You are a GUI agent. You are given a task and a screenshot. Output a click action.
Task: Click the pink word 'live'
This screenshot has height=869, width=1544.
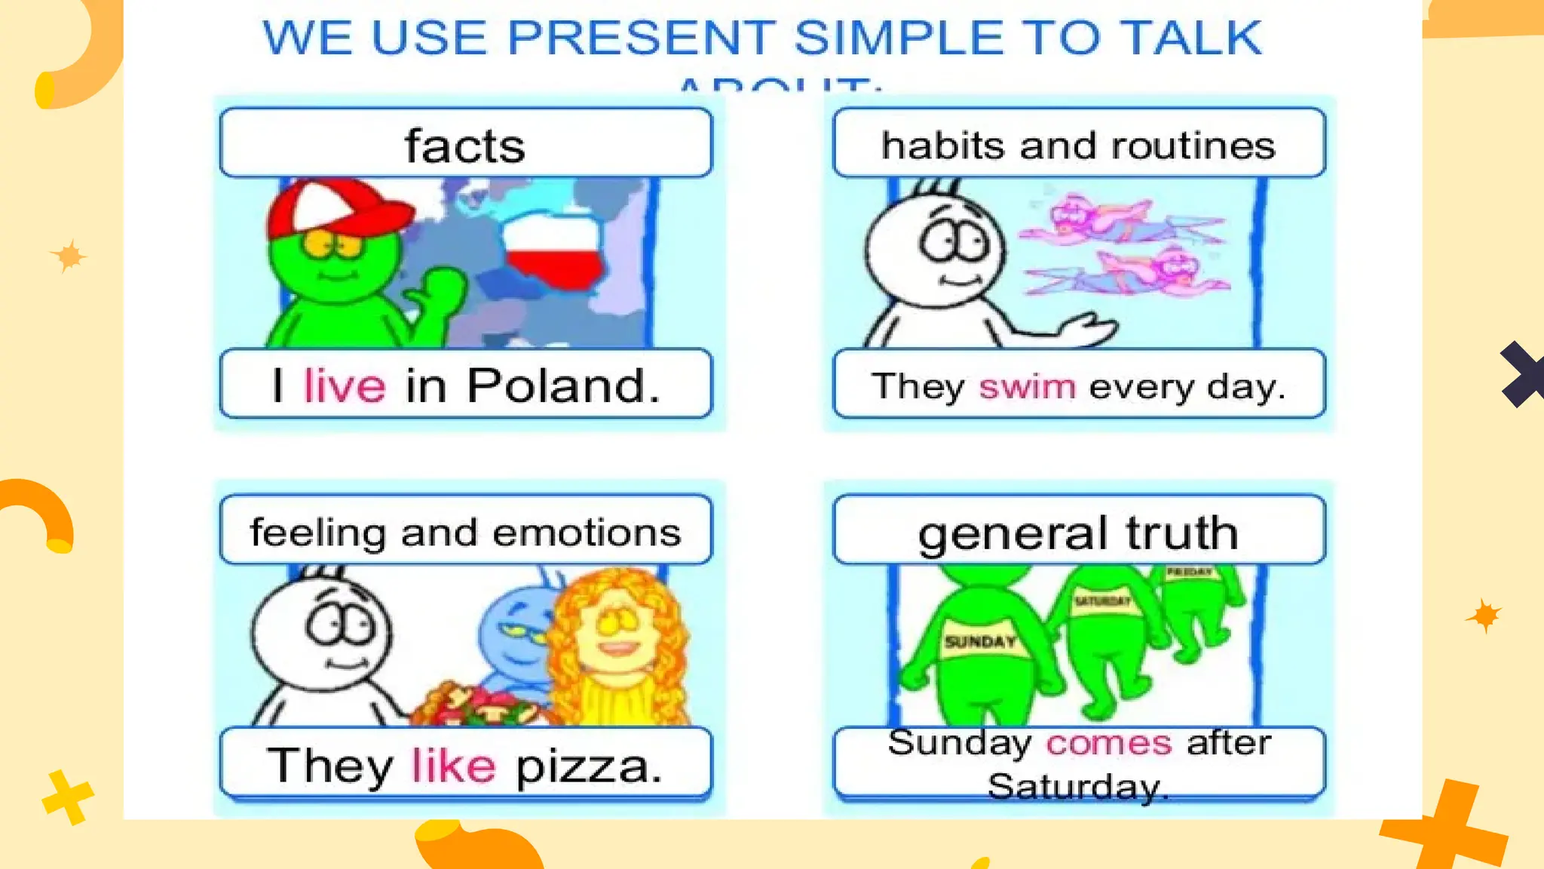[x=345, y=385]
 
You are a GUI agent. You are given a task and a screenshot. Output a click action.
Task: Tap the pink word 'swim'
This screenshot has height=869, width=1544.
[x=1027, y=387]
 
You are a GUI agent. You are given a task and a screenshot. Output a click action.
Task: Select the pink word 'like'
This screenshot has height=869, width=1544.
[x=453, y=766]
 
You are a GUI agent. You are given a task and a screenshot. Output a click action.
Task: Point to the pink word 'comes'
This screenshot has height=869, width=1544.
[x=1109, y=743]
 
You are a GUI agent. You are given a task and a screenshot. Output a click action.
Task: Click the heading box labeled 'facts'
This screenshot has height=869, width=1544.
[x=465, y=144]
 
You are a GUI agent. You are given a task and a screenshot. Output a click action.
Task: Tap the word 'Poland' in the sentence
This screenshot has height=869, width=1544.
[x=556, y=385]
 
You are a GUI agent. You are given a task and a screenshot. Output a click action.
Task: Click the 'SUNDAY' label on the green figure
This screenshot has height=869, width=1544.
[x=980, y=642]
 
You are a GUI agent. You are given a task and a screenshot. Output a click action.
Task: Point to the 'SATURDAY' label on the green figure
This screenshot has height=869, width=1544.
[x=1102, y=601]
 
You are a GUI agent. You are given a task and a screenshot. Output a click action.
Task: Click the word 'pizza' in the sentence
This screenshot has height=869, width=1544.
[x=588, y=767]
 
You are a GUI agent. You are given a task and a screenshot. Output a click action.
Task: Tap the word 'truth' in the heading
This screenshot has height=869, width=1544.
[x=1181, y=533]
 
